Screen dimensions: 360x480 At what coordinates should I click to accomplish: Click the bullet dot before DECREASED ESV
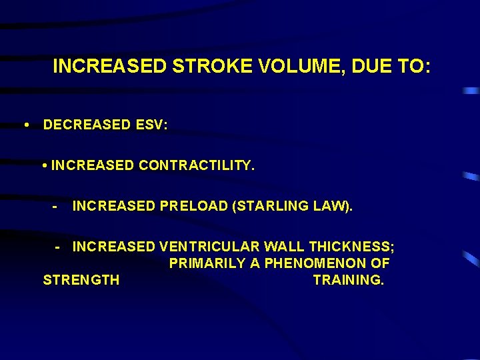[25, 125]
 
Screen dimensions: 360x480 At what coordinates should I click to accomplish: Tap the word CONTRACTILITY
[197, 165]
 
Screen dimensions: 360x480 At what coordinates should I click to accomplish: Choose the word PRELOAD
[193, 207]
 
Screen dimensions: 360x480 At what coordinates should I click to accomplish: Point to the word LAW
[331, 207]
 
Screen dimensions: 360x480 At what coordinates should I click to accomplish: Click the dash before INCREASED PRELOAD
[55, 207]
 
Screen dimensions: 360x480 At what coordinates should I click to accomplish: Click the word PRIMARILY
[207, 263]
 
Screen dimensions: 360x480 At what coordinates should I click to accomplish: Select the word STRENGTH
[81, 280]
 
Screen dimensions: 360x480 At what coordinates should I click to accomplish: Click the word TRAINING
[349, 280]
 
